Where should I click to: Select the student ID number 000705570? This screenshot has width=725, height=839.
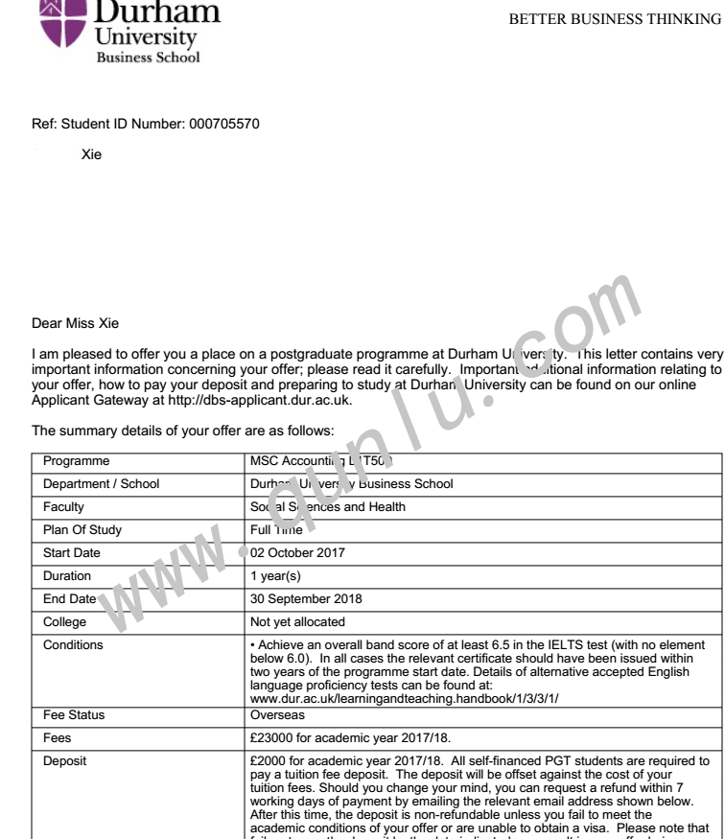tap(219, 124)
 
